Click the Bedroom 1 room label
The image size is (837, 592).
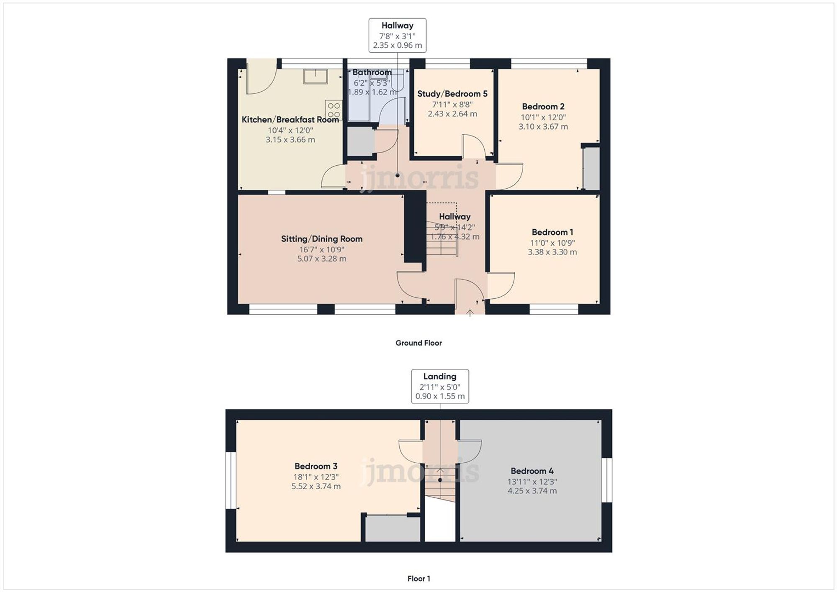coord(552,232)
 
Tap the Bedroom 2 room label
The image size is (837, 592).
coord(543,107)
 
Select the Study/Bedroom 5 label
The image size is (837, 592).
coord(452,94)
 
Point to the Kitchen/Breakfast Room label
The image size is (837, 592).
coord(290,120)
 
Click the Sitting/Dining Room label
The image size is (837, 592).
coord(321,239)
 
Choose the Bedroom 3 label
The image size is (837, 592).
coord(316,466)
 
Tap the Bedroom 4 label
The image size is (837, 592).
coord(532,471)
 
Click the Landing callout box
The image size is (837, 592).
coord(440,386)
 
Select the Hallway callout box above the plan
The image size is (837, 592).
coord(397,35)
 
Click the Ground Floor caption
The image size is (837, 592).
coord(418,343)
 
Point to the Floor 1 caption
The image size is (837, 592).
coord(418,579)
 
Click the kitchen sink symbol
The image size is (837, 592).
coord(315,77)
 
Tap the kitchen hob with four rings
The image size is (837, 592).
coord(334,110)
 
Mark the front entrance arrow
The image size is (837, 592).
coord(470,313)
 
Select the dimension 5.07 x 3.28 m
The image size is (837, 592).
coord(321,259)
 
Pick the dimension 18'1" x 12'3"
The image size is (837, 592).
coord(316,477)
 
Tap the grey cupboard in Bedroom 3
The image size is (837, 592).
coord(393,529)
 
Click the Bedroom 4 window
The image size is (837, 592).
coord(607,480)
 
